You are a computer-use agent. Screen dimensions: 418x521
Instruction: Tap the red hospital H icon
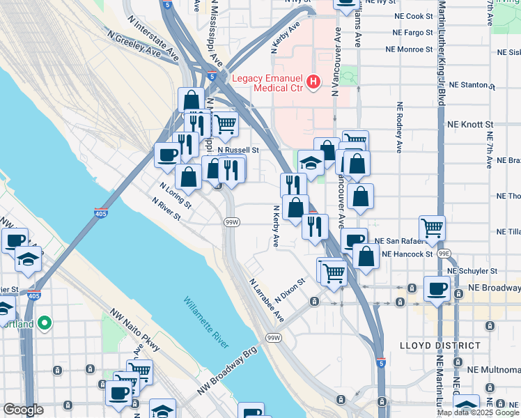point(314,83)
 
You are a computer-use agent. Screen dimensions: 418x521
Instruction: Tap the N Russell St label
point(238,150)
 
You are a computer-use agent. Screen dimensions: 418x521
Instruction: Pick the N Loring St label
point(175,195)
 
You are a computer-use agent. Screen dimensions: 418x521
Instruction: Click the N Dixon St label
point(290,288)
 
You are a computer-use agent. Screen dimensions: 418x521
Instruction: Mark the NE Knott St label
point(472,124)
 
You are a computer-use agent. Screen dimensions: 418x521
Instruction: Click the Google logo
point(24,410)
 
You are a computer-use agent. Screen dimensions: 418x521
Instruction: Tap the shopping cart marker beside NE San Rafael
point(432,227)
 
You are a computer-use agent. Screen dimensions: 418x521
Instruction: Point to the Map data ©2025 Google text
point(477,412)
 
